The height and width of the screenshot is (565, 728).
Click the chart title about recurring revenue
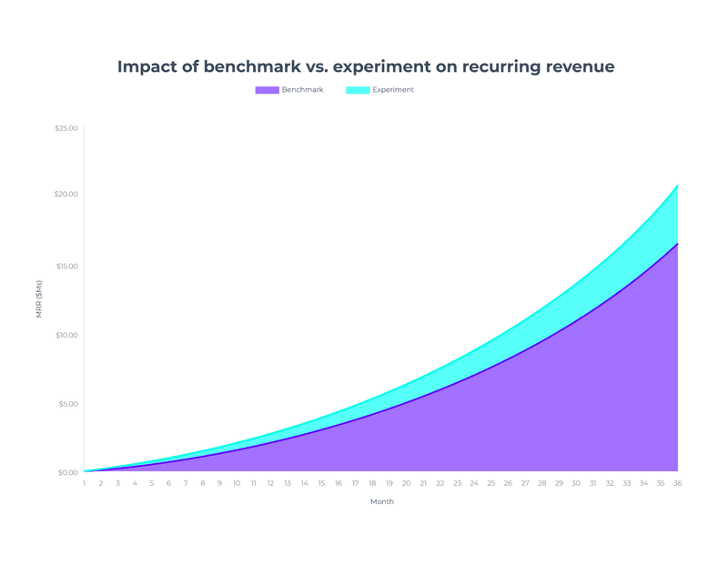365,66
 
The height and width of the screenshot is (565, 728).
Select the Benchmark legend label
302,90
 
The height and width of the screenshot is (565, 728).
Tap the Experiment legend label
393,90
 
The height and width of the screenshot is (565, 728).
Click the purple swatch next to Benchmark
267,90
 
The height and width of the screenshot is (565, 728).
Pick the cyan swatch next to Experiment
358,90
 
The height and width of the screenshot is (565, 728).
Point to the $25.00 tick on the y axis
66,127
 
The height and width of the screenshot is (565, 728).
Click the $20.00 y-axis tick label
66,195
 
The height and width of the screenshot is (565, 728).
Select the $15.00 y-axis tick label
66,267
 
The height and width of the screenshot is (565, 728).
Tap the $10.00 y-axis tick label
66,336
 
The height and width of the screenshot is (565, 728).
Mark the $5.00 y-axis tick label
68,404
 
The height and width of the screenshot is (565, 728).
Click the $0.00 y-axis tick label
68,472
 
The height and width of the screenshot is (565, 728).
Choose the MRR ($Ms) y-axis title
39,298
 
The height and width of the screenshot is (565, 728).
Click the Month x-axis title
382,501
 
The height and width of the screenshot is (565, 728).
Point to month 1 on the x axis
85,483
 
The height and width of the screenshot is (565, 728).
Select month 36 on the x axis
677,483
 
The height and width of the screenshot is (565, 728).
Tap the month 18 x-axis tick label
372,483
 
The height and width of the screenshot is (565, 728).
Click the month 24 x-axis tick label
474,483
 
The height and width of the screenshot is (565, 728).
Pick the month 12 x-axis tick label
270,483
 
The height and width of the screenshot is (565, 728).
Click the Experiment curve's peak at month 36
677,187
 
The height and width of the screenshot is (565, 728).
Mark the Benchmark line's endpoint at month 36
677,244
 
